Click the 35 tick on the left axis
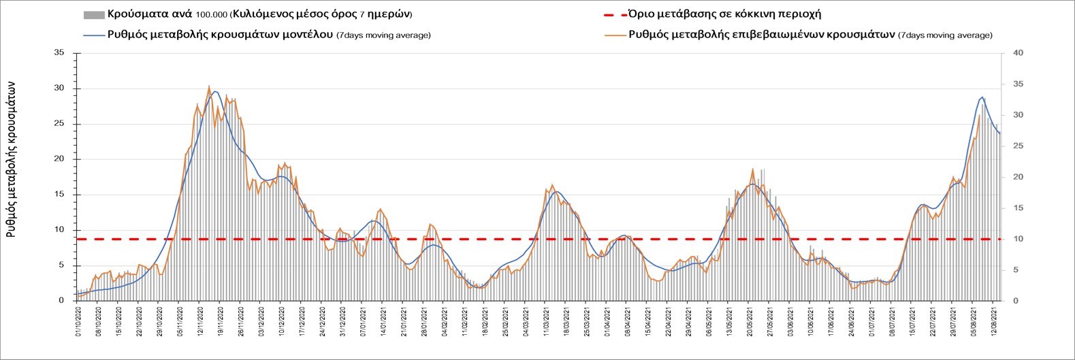(60, 53)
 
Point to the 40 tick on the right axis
(1018, 53)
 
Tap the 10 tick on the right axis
(1018, 239)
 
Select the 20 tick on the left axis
(60, 159)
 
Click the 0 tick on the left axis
(62, 301)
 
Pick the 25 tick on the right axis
(1018, 146)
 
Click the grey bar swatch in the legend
(93, 14)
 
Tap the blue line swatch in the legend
(93, 35)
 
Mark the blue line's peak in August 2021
(982, 97)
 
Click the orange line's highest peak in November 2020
(209, 86)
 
